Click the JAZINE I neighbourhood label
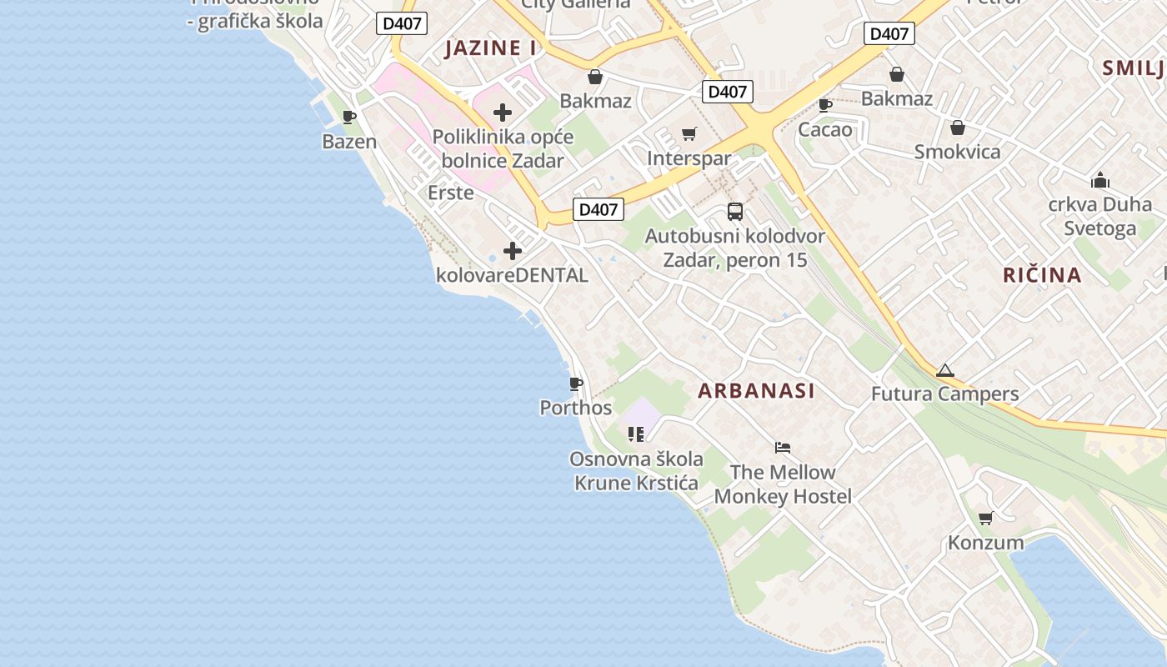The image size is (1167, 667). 490,48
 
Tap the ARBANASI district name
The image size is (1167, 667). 756,390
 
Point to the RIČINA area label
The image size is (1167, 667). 1042,274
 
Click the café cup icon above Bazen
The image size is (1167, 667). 349,118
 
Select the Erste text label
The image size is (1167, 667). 450,193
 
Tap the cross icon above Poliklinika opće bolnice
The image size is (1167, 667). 503,113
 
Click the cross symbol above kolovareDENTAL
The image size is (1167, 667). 513,251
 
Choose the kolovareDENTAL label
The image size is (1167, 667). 512,275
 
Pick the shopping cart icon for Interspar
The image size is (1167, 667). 689,134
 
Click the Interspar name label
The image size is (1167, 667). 689,158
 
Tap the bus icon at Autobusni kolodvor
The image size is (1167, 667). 734,212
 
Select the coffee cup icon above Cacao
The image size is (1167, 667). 825,105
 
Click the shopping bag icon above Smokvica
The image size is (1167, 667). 957,128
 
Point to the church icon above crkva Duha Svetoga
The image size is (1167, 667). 1100,180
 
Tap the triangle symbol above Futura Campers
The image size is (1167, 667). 944,370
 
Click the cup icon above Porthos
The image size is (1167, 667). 575,384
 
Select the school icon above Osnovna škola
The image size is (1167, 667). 636,434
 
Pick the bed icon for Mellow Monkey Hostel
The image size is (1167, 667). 783,448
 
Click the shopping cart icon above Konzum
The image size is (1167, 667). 986,519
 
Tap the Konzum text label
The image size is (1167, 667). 986,543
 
